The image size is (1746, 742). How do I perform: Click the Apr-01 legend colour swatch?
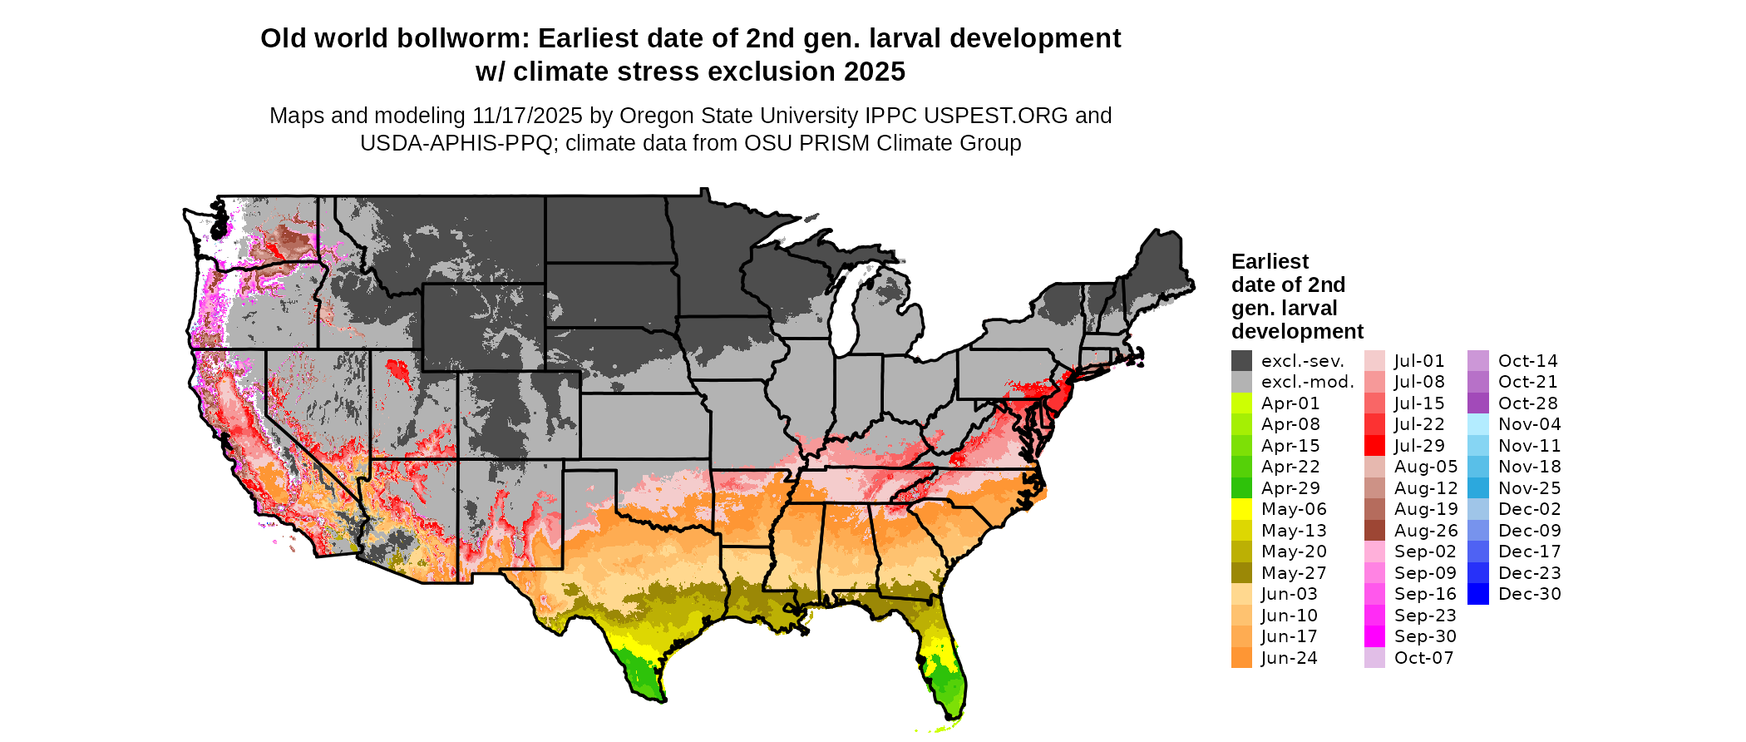(x=1241, y=403)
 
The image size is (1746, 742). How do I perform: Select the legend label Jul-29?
(x=1419, y=446)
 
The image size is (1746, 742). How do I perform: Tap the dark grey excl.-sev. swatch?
(x=1241, y=361)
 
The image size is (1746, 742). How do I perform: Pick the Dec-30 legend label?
(x=1529, y=594)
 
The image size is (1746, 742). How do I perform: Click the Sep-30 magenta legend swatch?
(x=1375, y=636)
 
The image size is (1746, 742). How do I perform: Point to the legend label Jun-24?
(x=1289, y=658)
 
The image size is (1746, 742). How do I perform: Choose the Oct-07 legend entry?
(x=1423, y=658)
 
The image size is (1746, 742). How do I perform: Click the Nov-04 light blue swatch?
(x=1478, y=424)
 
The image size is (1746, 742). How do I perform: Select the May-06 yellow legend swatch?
(x=1241, y=509)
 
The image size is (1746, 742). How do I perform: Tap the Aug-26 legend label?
(x=1425, y=531)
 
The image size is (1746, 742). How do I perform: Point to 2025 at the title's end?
(x=874, y=72)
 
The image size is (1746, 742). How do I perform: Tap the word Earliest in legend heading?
(x=1270, y=262)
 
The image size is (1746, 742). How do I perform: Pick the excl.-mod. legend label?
(x=1307, y=382)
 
